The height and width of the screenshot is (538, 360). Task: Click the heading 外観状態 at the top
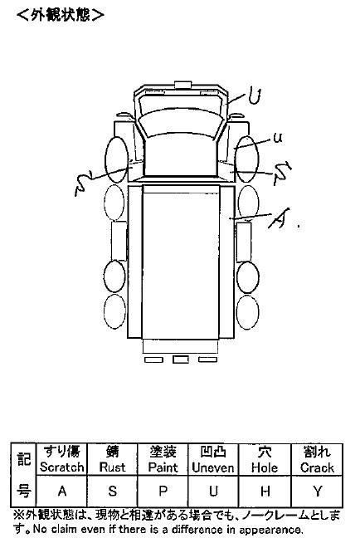(x=61, y=14)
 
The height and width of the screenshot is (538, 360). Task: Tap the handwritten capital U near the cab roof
(x=255, y=96)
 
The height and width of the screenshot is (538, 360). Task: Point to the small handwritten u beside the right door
(x=278, y=138)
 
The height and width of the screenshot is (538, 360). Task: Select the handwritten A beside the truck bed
(x=279, y=218)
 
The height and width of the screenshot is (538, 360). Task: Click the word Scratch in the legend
(x=61, y=467)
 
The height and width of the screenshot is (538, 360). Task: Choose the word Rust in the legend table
(x=112, y=467)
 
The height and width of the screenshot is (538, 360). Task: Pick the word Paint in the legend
(x=163, y=467)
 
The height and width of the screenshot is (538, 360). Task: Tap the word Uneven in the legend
(x=213, y=467)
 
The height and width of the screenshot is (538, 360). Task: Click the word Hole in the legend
(x=265, y=467)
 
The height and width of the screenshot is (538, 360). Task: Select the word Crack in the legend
(x=317, y=467)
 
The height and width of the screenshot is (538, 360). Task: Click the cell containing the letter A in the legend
(x=61, y=491)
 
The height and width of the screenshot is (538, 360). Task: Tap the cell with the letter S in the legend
(x=112, y=491)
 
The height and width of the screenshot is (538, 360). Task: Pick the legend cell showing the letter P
(x=163, y=491)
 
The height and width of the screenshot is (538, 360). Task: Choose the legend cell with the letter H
(x=265, y=491)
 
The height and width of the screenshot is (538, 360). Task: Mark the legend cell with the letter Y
(x=317, y=491)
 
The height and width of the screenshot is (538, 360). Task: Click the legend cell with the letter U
(x=213, y=491)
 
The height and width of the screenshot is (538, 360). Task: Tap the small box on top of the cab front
(x=182, y=85)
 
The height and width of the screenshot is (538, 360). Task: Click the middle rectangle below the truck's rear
(x=180, y=359)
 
